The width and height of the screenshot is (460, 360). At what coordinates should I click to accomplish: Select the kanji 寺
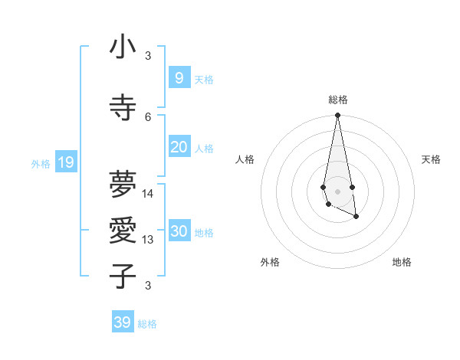point(123,107)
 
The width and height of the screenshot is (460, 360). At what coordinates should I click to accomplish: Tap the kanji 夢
point(123,184)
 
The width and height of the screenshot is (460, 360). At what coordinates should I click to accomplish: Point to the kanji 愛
point(123,231)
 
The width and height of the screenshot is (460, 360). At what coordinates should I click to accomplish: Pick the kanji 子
point(123,276)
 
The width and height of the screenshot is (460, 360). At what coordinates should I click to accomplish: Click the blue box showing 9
point(179,77)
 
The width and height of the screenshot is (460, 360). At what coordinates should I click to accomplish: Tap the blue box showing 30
point(179,232)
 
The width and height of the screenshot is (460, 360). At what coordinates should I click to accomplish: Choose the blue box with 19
point(65,162)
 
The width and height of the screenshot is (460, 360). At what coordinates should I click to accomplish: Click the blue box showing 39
point(122,322)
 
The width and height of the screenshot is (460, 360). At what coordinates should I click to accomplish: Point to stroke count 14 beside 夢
point(148,194)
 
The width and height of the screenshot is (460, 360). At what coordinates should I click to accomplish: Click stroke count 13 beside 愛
point(148,240)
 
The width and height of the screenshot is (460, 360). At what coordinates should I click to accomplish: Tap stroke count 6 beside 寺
point(148,116)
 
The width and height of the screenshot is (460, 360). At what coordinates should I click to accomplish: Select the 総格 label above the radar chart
point(338,100)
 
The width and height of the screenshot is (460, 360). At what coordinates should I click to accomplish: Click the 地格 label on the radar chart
point(402,263)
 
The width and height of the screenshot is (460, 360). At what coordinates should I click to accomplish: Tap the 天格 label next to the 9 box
point(203,79)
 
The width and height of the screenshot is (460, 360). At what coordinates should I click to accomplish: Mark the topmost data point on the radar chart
point(337,116)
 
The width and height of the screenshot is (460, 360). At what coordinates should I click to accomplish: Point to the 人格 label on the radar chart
point(245,159)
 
